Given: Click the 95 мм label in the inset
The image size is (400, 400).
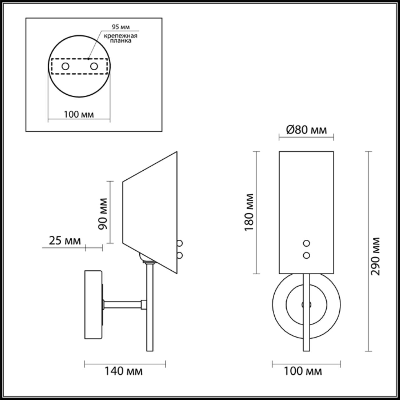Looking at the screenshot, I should point(121,27).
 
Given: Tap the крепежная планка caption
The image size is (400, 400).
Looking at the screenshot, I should point(121,38).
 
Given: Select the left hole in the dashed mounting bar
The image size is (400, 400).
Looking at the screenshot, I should point(65,66).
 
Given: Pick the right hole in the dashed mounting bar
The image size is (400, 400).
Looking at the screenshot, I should point(94,66).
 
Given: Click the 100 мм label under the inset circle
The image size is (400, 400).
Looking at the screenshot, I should point(79,114).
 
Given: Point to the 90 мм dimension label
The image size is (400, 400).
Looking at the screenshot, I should point(103,214).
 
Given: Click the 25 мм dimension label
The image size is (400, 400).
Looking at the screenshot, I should point(65,241).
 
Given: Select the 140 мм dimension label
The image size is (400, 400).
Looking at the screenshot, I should point(123,371).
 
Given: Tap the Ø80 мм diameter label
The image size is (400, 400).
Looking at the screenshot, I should point(306,130).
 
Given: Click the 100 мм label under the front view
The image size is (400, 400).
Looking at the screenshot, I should point(302,371).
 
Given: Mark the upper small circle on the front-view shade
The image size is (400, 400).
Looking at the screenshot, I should point(307,243).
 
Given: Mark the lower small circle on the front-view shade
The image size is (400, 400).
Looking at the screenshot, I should point(307,255).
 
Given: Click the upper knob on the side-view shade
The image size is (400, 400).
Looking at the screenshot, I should point(180,243).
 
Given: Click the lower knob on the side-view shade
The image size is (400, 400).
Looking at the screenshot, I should point(180,255).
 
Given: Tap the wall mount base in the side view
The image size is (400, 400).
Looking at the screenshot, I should point(93,305).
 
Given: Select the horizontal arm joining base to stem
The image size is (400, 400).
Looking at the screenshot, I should point(122,304).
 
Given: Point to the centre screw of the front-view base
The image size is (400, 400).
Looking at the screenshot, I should point(306,304).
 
